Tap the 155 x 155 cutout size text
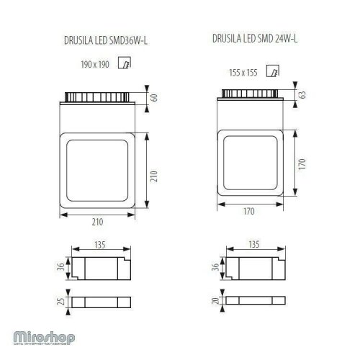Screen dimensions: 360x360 click(x=243, y=72)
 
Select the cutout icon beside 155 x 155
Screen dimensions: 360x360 click(x=271, y=71)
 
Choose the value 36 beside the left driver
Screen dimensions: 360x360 click(x=63, y=268)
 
